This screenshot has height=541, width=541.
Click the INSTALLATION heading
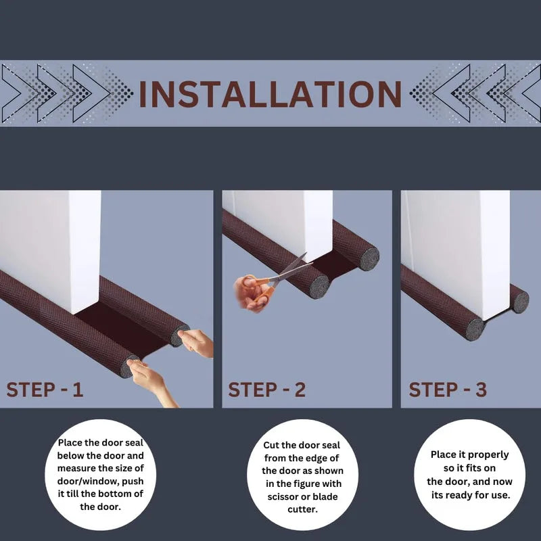click(270, 95)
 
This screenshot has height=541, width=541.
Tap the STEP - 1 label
click(45, 390)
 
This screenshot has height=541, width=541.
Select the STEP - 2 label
click(266, 390)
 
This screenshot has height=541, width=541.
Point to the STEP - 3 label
click(448, 390)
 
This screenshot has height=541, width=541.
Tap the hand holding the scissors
click(252, 293)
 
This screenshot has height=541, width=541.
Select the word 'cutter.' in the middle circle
click(302, 509)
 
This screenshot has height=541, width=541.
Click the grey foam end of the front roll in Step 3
click(475, 329)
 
